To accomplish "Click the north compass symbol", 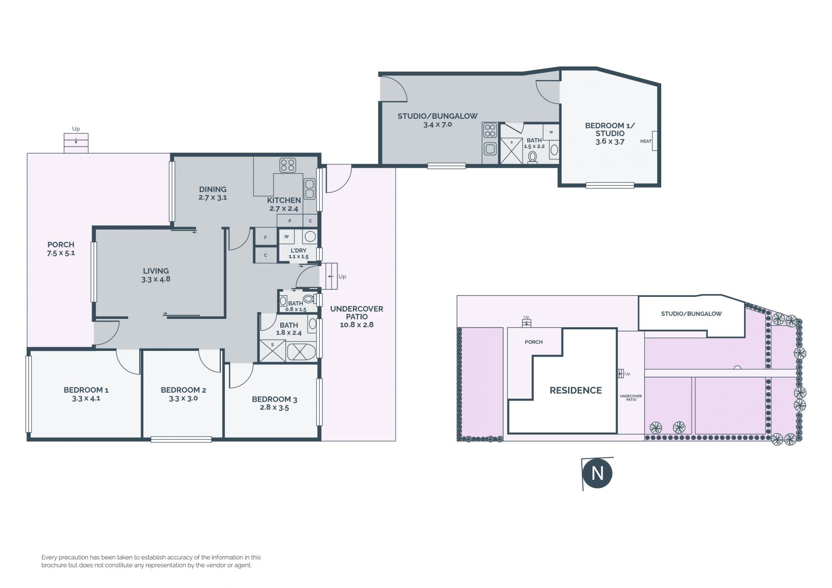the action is pos(597,473).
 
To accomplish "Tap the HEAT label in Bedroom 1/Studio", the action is pos(646,141).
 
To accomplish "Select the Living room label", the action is pos(156,271).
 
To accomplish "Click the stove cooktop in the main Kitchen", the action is pos(288,165).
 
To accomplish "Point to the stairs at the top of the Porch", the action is pos(76,143).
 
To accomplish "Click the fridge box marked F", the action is pos(265,237).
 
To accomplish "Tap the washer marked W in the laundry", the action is pos(286,237).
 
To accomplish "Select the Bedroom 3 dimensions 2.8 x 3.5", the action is pos(274,408).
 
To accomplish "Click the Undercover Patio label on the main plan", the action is pos(357,313).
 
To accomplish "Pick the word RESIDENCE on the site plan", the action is pos(575,390).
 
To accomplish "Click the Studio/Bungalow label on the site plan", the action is pos(691,314).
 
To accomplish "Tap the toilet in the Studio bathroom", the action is pos(533,157).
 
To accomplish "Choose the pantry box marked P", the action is pos(290,221).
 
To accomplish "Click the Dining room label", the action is pos(213,189).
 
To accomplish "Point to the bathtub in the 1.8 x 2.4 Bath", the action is pos(301,351).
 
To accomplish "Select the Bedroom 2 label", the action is pos(183,390).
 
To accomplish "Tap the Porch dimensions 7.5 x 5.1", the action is pos(61,253).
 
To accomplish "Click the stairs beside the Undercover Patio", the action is pos(328,276).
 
